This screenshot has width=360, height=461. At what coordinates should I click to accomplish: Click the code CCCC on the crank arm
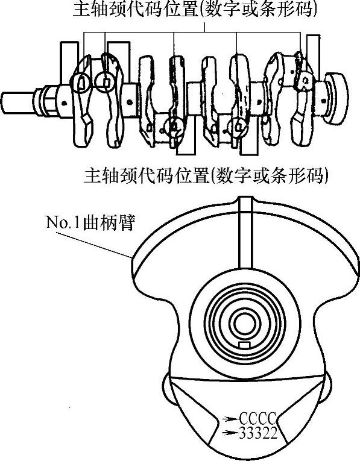pyautogui.click(x=258, y=418)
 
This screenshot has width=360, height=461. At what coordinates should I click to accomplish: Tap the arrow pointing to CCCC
pyautogui.click(x=230, y=418)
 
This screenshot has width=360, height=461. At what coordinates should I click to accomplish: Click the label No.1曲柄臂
pyautogui.click(x=90, y=222)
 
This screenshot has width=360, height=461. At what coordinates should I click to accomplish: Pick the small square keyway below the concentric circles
pyautogui.click(x=245, y=345)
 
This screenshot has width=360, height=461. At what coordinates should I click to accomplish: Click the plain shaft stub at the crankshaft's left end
pyautogui.click(x=17, y=102)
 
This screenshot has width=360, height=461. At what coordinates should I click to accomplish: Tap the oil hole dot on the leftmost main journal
pyautogui.click(x=64, y=103)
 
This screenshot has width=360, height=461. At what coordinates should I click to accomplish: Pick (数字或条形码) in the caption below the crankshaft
pyautogui.click(x=268, y=175)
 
